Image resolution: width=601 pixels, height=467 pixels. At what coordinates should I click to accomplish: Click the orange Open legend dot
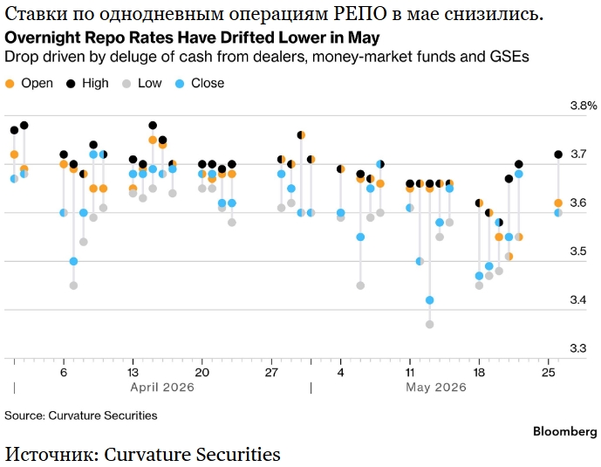click(10, 84)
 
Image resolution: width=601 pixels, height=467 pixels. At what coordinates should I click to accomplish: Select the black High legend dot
click(71, 84)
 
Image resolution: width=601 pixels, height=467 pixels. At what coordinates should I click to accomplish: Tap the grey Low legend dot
click(126, 84)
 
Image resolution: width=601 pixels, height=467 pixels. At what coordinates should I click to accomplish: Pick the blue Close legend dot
click(180, 84)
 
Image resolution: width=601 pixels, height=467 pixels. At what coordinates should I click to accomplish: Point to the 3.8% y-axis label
click(584, 106)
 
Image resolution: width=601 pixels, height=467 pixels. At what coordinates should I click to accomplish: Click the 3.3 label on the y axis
click(578, 348)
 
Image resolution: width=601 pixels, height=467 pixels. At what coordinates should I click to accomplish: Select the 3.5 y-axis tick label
click(578, 251)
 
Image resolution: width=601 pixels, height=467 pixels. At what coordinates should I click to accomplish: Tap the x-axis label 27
click(271, 373)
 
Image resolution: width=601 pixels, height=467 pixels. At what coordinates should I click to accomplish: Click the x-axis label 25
click(549, 373)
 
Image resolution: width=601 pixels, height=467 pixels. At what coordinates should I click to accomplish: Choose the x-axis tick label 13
click(133, 373)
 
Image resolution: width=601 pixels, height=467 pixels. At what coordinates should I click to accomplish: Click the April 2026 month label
click(162, 387)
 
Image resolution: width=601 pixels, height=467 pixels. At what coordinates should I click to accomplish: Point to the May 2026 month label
click(436, 387)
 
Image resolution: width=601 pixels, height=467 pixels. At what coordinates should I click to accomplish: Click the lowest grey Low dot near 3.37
click(430, 325)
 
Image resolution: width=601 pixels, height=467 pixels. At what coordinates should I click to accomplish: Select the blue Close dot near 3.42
click(430, 300)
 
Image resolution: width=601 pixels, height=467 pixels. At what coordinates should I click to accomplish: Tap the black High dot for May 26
click(558, 155)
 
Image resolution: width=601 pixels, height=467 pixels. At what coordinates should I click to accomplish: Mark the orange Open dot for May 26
click(558, 203)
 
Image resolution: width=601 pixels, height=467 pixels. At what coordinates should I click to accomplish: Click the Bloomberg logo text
click(565, 432)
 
